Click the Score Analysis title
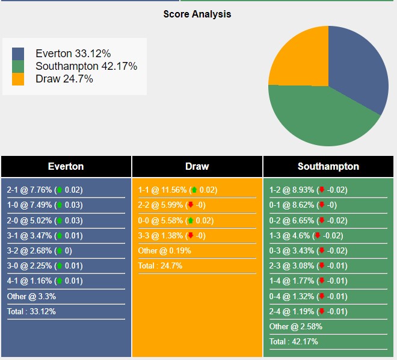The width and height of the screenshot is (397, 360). coord(197,14)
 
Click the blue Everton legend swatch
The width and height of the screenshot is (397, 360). coord(18,54)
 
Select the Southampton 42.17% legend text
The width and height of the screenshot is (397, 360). coord(86,66)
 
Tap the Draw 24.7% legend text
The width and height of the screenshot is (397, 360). coord(64,79)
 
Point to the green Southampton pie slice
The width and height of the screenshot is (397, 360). coord(319,117)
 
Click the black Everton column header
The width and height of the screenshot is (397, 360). coord(66,167)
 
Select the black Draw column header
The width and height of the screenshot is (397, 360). coord(197,167)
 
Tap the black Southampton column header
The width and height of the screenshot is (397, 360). coord(328,167)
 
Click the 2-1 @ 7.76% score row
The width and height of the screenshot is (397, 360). coord(45,190)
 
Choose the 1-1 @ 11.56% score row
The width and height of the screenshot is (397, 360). coord(177,190)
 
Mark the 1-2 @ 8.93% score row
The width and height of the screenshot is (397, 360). coord(309,190)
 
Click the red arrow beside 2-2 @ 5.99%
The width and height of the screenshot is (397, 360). coord(191,205)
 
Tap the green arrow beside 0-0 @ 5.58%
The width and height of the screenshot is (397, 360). coord(191,220)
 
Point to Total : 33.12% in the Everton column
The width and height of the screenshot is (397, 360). coord(31,311)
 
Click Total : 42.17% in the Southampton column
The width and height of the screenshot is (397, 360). coord(294,341)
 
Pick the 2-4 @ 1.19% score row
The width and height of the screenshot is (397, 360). coord(309,311)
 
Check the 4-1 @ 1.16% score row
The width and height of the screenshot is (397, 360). coord(45,281)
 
